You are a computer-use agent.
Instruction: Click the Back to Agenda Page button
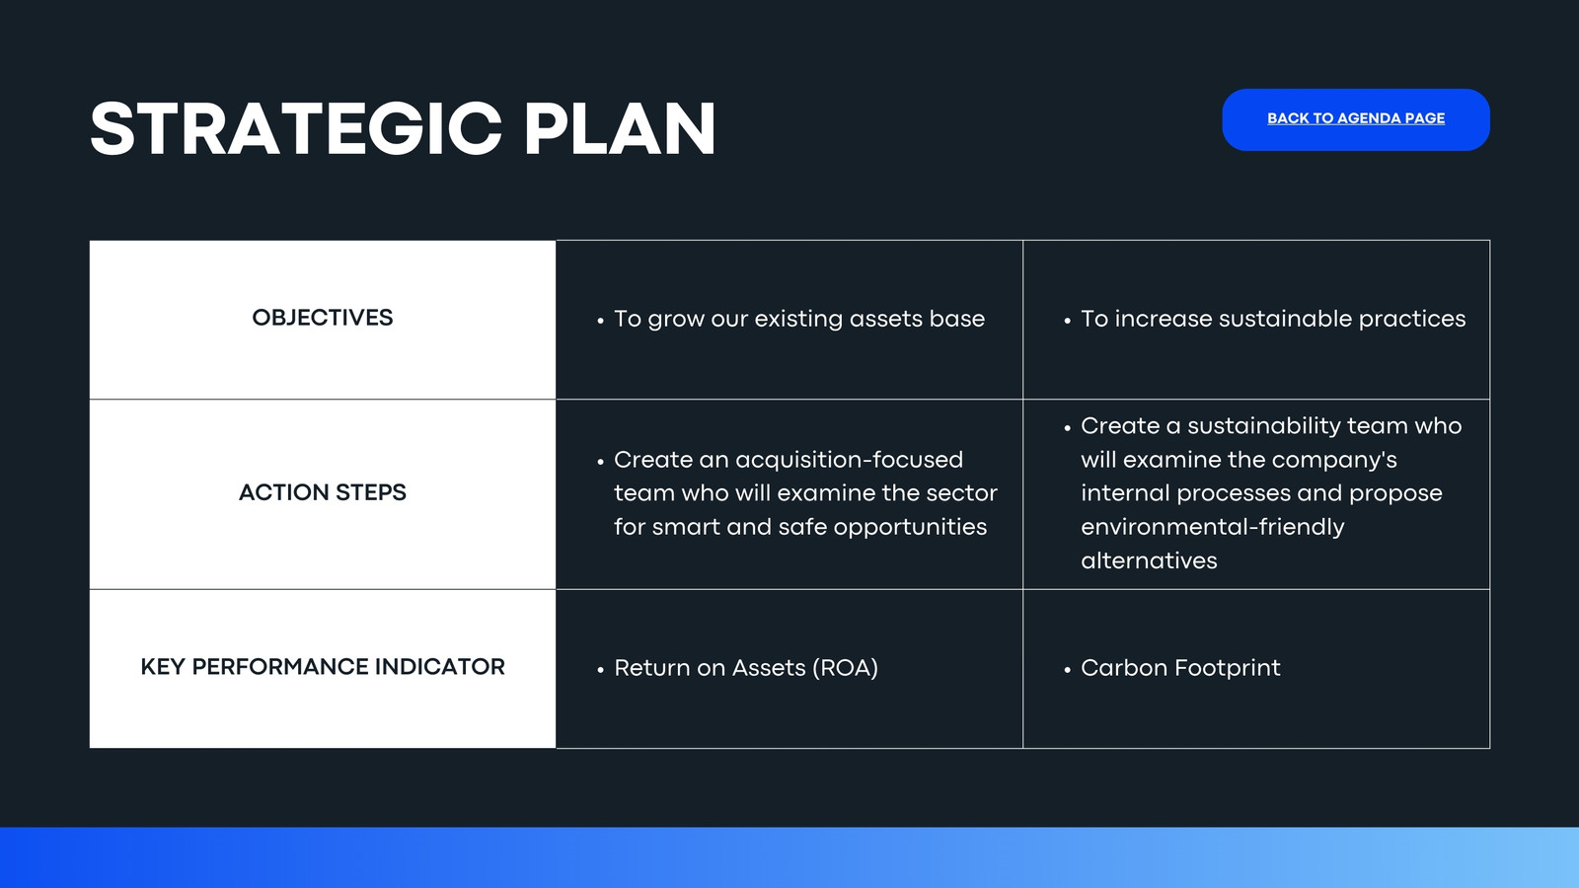(x=1356, y=119)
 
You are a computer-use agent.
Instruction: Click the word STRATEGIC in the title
(x=296, y=128)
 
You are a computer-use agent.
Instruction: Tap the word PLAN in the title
(x=620, y=128)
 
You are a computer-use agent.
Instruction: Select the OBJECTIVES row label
(x=322, y=318)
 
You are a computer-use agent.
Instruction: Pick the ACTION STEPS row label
(x=322, y=492)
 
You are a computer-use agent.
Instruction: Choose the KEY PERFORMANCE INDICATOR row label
(x=322, y=667)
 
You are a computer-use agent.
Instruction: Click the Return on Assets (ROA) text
(x=746, y=667)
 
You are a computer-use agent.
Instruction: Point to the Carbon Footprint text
(x=1180, y=667)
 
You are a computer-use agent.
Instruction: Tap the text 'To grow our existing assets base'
(x=799, y=319)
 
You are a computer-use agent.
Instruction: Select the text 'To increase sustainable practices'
(x=1273, y=319)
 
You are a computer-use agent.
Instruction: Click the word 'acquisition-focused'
(x=849, y=460)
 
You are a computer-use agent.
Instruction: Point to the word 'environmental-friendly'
(x=1213, y=527)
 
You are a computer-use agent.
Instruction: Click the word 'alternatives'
(x=1149, y=560)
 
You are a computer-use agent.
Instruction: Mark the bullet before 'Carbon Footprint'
(x=1067, y=670)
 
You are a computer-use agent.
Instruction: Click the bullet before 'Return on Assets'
(x=601, y=670)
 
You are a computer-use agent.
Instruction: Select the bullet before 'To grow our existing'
(x=601, y=321)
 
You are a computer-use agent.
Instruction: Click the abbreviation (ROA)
(x=845, y=667)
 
